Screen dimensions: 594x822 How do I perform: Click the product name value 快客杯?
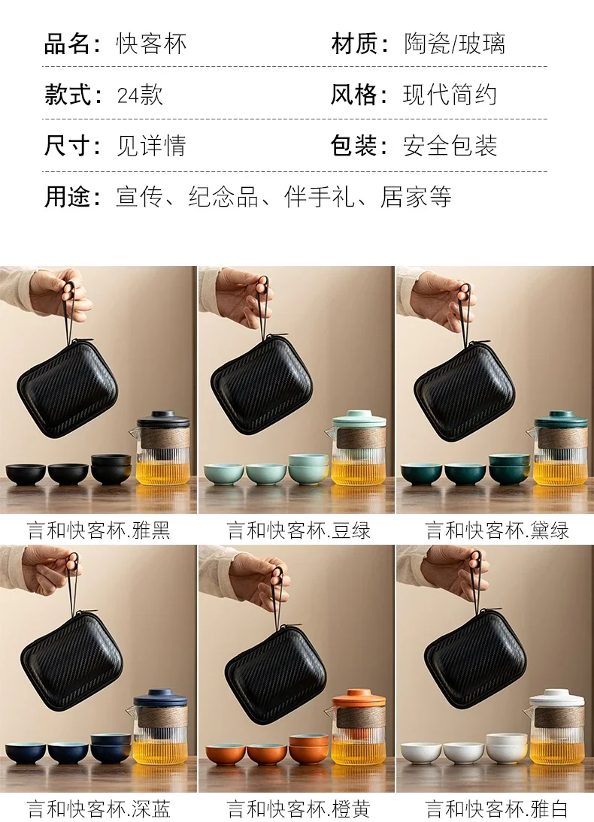tap(151, 44)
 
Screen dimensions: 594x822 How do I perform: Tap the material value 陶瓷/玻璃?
tap(454, 44)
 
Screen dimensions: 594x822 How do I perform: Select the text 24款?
tap(140, 95)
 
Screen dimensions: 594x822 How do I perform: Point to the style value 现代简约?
tap(450, 95)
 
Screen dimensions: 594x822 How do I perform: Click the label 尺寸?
tap(72, 146)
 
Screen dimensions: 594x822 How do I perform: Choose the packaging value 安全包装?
tap(450, 146)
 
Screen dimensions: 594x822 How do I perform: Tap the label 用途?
tap(72, 197)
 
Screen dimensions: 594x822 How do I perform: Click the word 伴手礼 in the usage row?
tap(320, 197)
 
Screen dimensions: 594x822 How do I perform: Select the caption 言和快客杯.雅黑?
tap(98, 530)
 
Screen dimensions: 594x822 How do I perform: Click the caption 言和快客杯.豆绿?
tap(299, 530)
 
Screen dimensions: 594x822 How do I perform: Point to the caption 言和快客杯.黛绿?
tap(497, 530)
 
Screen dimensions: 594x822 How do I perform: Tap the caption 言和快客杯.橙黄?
tap(299, 808)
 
